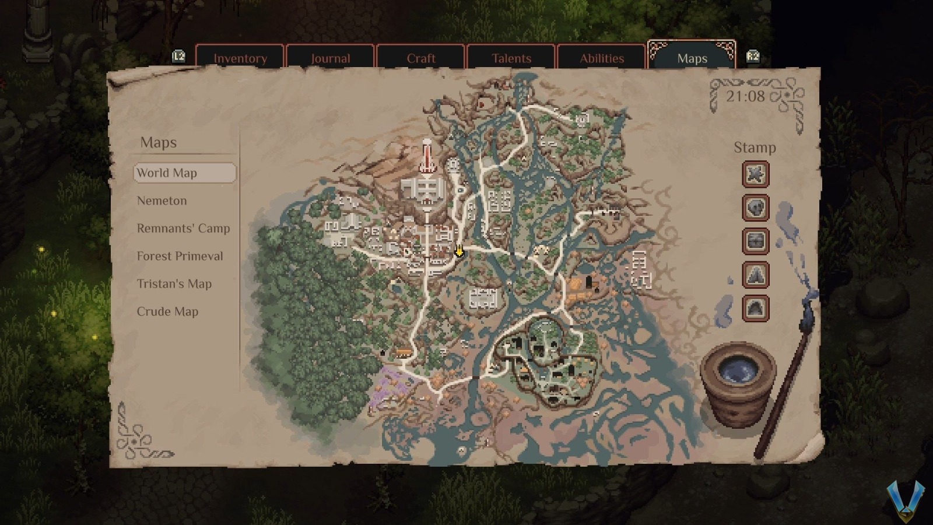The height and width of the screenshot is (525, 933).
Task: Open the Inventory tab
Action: tap(240, 58)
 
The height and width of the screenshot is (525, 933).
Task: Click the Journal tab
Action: tap(330, 58)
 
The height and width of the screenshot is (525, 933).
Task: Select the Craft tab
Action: tap(420, 58)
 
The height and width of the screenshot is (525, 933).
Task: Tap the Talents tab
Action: tap(511, 58)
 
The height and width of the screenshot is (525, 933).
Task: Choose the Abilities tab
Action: tap(601, 58)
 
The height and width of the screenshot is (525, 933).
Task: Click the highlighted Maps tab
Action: tap(692, 58)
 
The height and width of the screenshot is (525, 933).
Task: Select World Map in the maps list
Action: tap(184, 173)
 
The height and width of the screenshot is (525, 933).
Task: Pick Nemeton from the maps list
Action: tap(162, 201)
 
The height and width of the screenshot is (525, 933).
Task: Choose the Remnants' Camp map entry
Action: tap(183, 228)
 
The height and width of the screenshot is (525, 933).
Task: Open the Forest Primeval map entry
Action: tap(180, 256)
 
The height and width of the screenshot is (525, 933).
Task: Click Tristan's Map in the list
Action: tap(174, 283)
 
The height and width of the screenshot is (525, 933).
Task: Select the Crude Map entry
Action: tap(167, 311)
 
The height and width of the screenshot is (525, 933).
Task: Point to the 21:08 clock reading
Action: tap(745, 96)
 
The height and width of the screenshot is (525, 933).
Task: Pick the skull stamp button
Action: tap(755, 208)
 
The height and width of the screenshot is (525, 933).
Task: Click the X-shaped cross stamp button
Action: tap(755, 174)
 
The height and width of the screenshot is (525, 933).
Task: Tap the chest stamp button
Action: tap(755, 241)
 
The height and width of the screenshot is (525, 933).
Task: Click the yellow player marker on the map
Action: tap(459, 251)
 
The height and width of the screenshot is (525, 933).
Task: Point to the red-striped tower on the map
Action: tap(427, 156)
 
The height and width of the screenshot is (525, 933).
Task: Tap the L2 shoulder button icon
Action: tap(178, 56)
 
